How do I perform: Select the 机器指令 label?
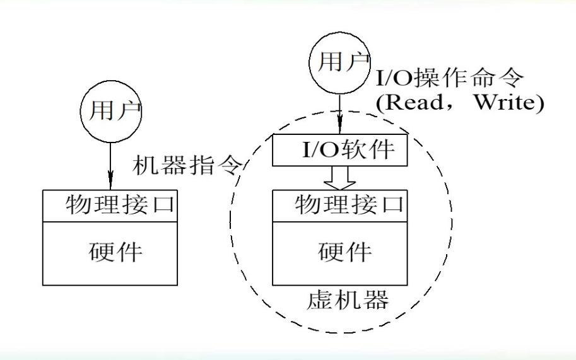coord(188,166)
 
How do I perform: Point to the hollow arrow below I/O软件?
coord(339,178)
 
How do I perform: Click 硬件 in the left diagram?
coord(114,253)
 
